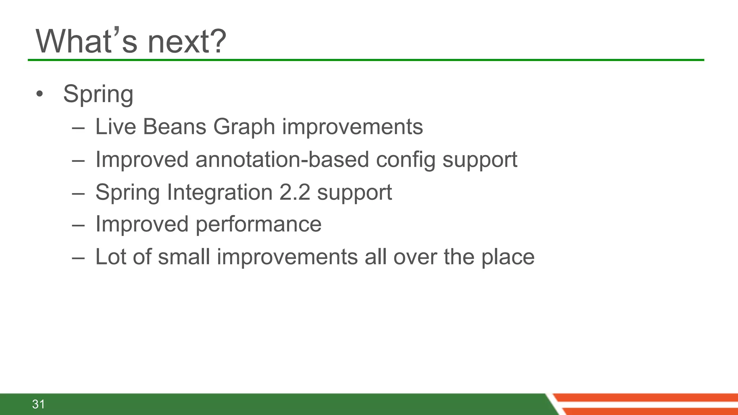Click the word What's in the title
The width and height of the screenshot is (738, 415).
(x=86, y=41)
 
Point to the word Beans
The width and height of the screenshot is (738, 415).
(x=174, y=127)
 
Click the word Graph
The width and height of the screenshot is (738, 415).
(x=244, y=128)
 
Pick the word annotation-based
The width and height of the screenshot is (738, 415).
(x=282, y=160)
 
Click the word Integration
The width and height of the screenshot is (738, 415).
(x=220, y=192)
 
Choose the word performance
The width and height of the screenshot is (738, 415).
(x=258, y=225)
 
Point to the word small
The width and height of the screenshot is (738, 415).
(x=184, y=257)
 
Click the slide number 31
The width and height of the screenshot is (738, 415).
(x=39, y=404)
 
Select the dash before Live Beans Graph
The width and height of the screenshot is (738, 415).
(x=78, y=128)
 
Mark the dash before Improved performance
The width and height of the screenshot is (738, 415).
(x=78, y=226)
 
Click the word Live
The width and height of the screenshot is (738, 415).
(x=116, y=127)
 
